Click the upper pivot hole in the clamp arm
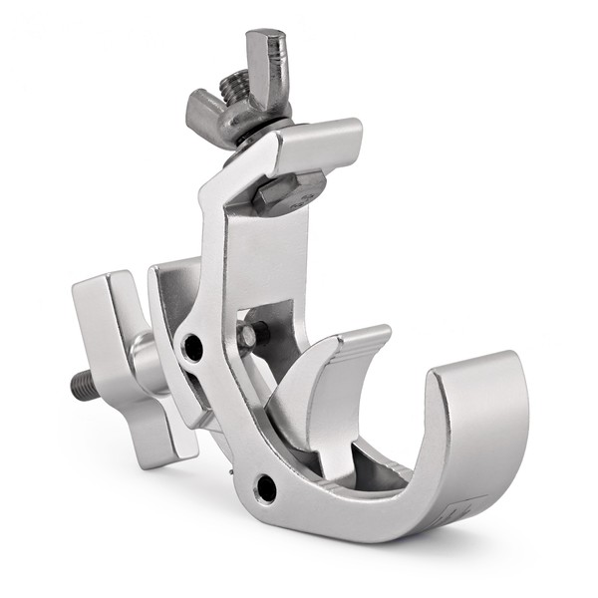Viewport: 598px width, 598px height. pos(192,346)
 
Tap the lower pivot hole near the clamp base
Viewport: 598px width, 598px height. pos(265,487)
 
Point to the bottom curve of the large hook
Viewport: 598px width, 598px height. pos(399,508)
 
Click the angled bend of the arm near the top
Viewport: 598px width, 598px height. pos(224,184)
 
